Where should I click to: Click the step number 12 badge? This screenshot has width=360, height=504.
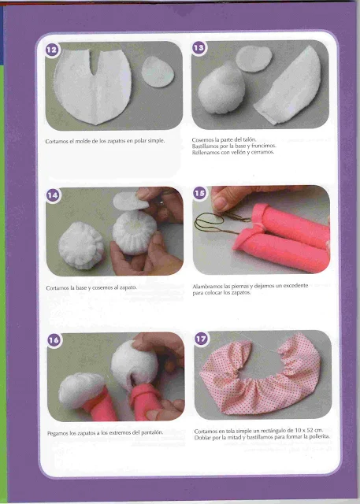click(52, 50)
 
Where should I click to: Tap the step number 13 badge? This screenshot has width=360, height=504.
click(199, 48)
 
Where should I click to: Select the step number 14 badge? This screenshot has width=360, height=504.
click(53, 195)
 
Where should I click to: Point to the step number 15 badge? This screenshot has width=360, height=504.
click(199, 193)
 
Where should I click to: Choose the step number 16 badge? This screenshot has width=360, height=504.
click(54, 340)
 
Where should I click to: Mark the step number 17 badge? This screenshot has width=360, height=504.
click(202, 339)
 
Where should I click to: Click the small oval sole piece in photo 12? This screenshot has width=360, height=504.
click(158, 72)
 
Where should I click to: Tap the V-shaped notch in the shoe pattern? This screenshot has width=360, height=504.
click(94, 63)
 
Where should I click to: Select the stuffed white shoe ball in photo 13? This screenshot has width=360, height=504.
click(221, 88)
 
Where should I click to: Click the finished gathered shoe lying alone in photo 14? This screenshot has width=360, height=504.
click(81, 245)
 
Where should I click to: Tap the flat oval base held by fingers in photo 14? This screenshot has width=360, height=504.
click(131, 201)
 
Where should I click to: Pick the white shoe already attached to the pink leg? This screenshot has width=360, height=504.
click(81, 391)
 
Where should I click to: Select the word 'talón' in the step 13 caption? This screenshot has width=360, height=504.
click(250, 140)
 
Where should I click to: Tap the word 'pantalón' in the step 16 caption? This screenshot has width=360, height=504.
click(152, 432)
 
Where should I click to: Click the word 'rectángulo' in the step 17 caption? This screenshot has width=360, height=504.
click(273, 431)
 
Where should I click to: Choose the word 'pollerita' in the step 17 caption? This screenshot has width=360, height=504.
click(318, 437)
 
